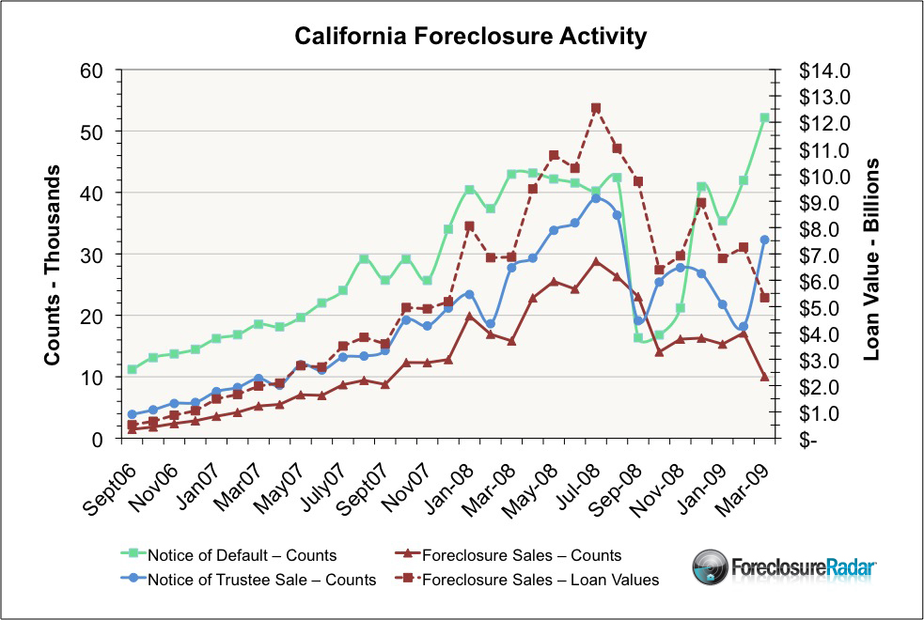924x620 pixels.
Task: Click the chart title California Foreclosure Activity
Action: tap(470, 37)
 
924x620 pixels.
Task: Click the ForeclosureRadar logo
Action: tap(786, 567)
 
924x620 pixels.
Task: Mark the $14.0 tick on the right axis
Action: tap(822, 70)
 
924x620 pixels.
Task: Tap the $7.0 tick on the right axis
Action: tap(822, 255)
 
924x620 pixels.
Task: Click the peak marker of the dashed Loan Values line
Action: tap(596, 108)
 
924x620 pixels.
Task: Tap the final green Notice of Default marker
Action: tap(764, 118)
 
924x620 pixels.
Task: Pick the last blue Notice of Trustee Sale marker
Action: tap(764, 240)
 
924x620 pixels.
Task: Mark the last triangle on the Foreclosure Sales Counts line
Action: tap(764, 377)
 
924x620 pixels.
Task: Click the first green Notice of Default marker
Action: tap(133, 369)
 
